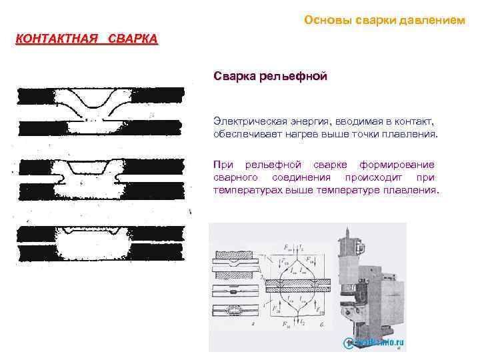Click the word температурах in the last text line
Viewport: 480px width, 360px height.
pyautogui.click(x=247, y=190)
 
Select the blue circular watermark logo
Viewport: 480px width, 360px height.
pyautogui.click(x=348, y=343)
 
